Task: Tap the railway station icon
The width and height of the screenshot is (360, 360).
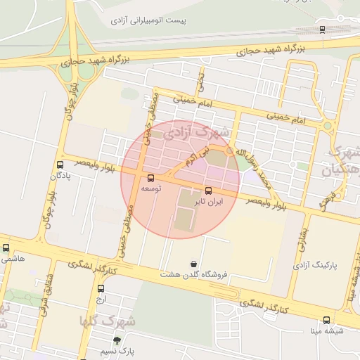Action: pos(322,30)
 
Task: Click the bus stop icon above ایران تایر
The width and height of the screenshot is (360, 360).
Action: pos(208,190)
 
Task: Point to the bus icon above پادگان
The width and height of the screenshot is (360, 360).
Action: pos(60,165)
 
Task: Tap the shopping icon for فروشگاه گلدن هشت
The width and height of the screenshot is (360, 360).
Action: pos(193,264)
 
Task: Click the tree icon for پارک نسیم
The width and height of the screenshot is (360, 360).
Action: pos(127,339)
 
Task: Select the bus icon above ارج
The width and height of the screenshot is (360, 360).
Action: pos(101,288)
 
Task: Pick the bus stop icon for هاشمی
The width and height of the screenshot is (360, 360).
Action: pos(6,247)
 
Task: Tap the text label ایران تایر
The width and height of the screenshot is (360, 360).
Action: pos(209,201)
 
